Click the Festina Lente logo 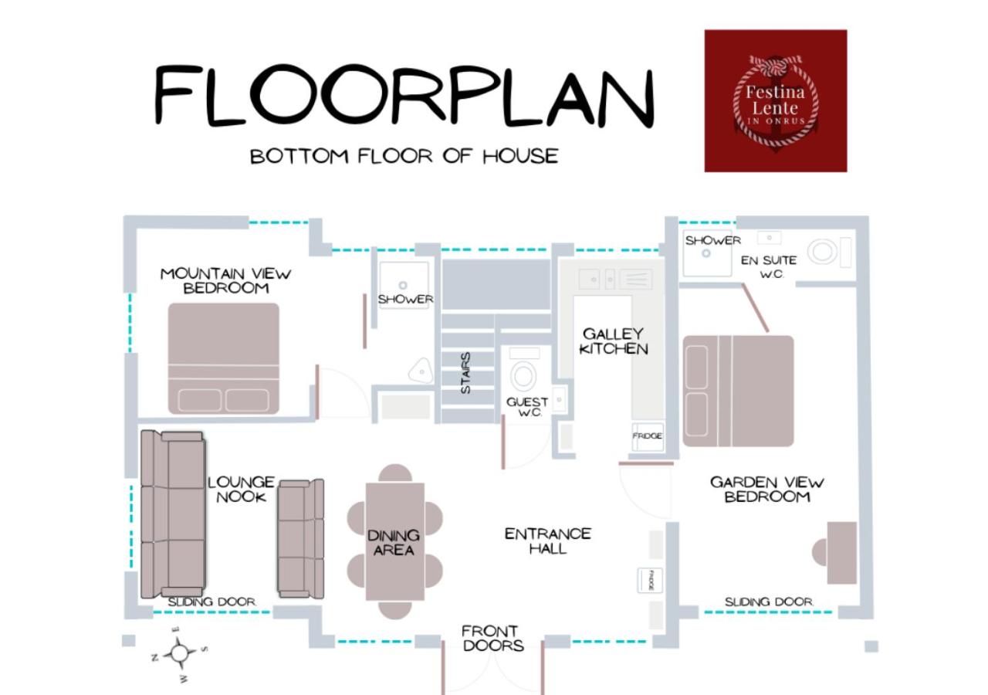pyautogui.click(x=776, y=100)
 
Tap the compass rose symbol pyautogui.click(x=180, y=654)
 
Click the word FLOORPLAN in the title pyautogui.click(x=404, y=95)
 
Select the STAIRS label pyautogui.click(x=465, y=372)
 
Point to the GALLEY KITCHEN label pyautogui.click(x=614, y=341)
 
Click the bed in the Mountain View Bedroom pyautogui.click(x=224, y=358)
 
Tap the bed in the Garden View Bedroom pyautogui.click(x=739, y=391)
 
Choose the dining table pyautogui.click(x=395, y=541)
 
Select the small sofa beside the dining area pyautogui.click(x=301, y=539)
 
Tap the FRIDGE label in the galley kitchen pyautogui.click(x=647, y=436)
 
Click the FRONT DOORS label pyautogui.click(x=493, y=638)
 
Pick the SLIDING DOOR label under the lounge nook pyautogui.click(x=212, y=602)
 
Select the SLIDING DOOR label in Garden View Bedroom pyautogui.click(x=770, y=602)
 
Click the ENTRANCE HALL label pyautogui.click(x=548, y=541)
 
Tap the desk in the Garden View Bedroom pyautogui.click(x=841, y=553)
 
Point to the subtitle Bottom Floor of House pyautogui.click(x=404, y=157)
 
